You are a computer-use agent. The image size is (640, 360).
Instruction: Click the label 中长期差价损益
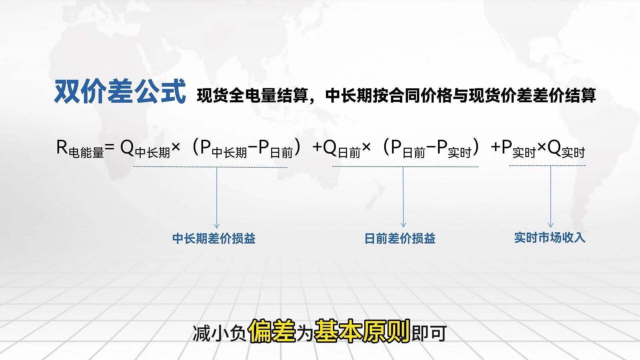(214, 239)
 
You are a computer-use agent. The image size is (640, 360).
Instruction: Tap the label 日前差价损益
(400, 239)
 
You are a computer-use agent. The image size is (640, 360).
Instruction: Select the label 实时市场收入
(550, 238)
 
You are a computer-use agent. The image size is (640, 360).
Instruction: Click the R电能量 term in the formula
(80, 149)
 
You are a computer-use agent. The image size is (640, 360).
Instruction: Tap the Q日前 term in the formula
(342, 149)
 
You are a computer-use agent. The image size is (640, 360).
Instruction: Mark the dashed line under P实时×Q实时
(547, 166)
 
